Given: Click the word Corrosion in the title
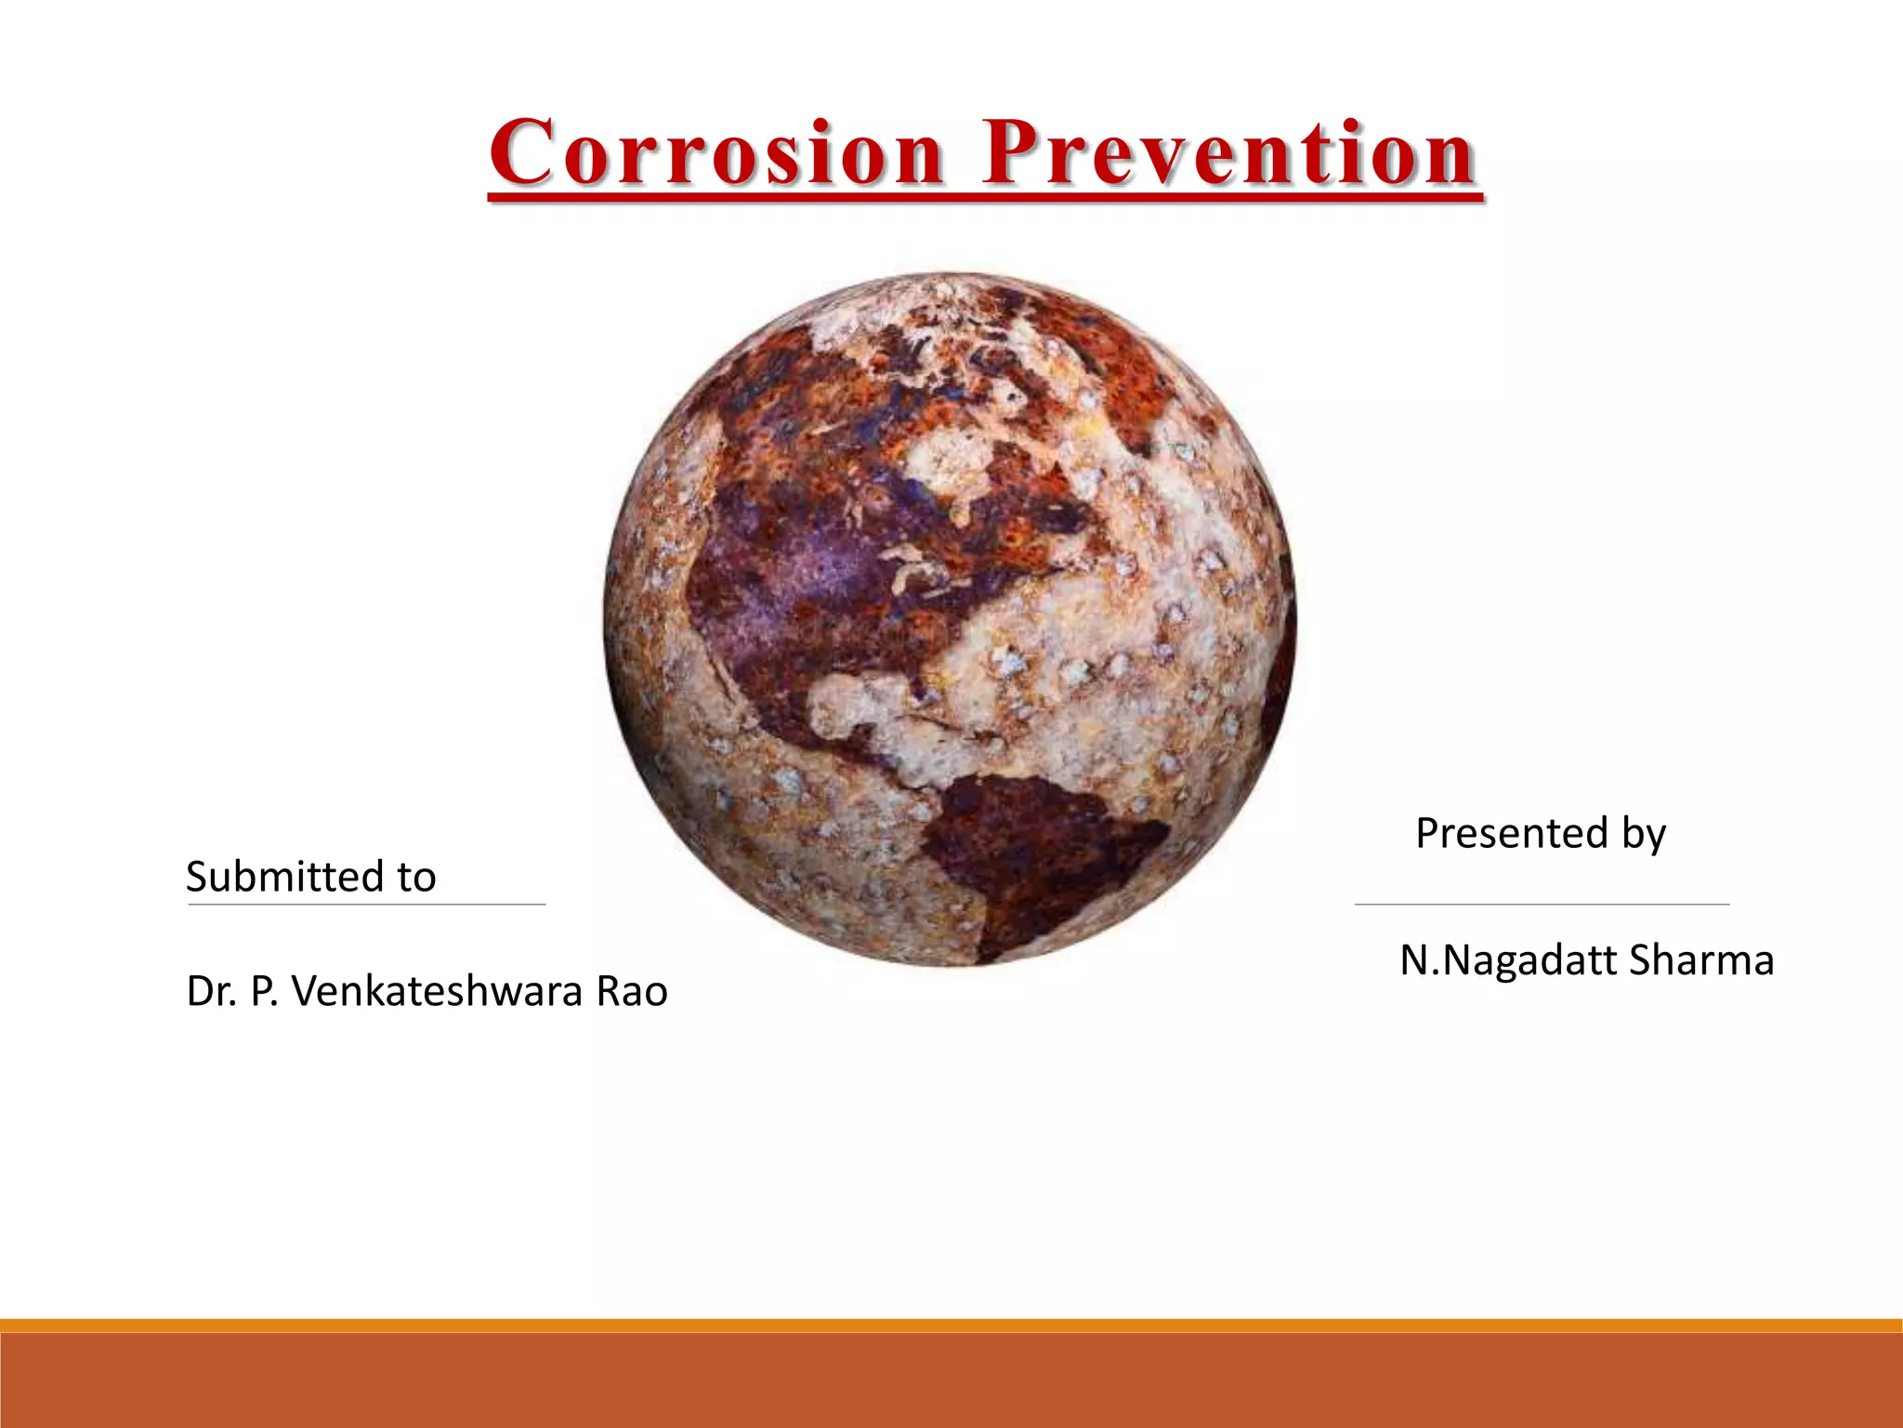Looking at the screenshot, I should click(717, 153).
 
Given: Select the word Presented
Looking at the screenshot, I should click(1511, 833).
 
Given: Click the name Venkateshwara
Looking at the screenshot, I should click(437, 992).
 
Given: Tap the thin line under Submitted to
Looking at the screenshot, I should click(366, 904).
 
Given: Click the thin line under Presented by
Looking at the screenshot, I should click(1542, 904).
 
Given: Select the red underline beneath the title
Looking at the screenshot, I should click(985, 196).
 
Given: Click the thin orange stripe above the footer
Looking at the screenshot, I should click(951, 1325).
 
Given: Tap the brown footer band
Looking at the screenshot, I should click(951, 1382).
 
